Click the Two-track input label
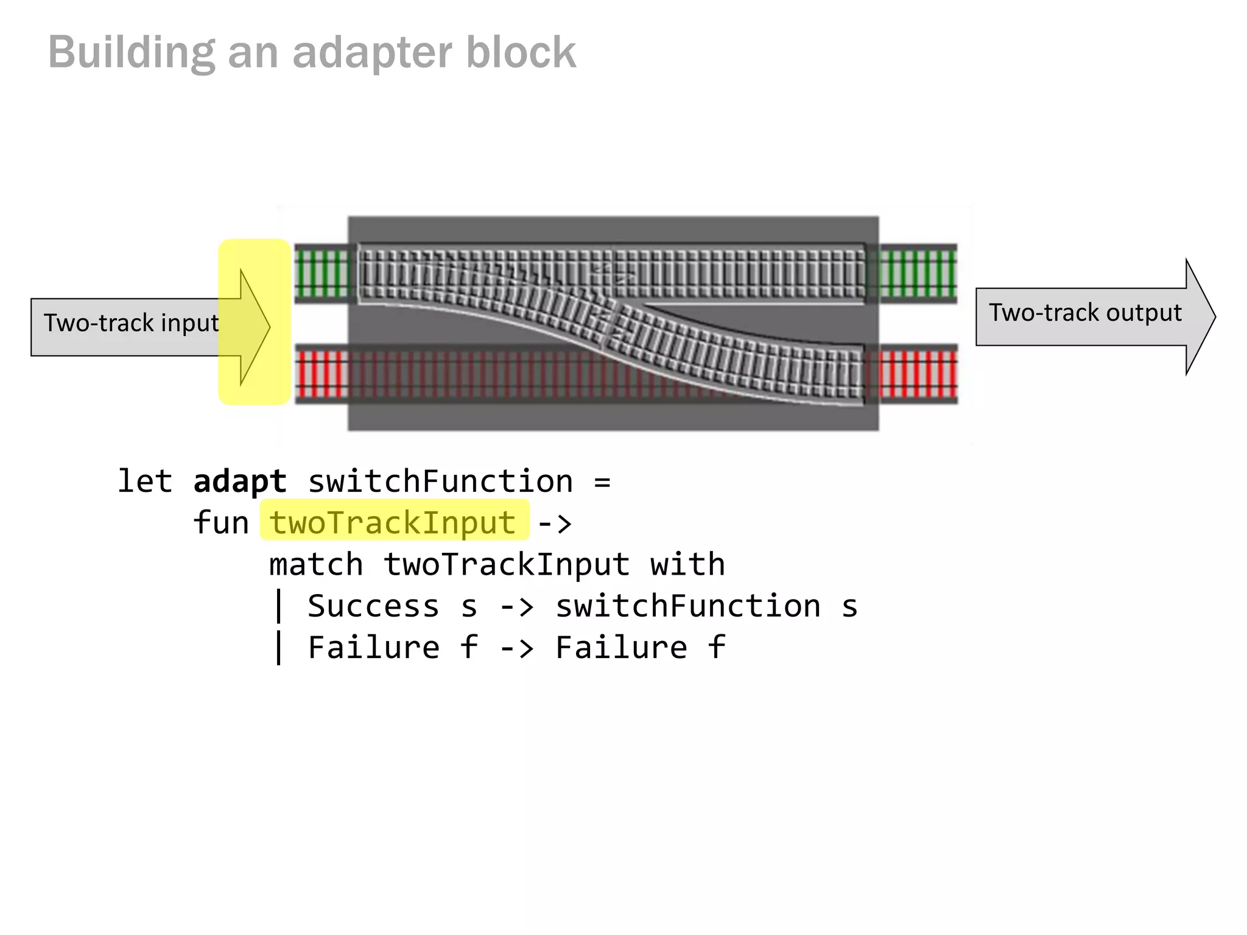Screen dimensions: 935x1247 131,323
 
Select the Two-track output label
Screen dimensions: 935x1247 1084,313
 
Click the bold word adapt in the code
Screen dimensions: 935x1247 239,482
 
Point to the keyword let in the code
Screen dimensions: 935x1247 144,482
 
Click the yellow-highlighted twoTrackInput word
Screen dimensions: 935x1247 393,523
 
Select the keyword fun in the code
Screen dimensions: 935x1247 220,523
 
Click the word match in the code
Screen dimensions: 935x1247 316,564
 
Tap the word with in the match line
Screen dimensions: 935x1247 687,564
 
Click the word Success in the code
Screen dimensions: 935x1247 373,606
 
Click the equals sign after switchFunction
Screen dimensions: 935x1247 602,482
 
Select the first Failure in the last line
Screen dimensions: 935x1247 373,647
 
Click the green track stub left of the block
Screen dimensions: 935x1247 322,273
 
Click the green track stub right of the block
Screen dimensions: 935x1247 918,273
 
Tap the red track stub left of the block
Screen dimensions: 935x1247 322,374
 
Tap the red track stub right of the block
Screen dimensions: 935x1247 918,374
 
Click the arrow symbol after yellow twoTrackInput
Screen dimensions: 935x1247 555,523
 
